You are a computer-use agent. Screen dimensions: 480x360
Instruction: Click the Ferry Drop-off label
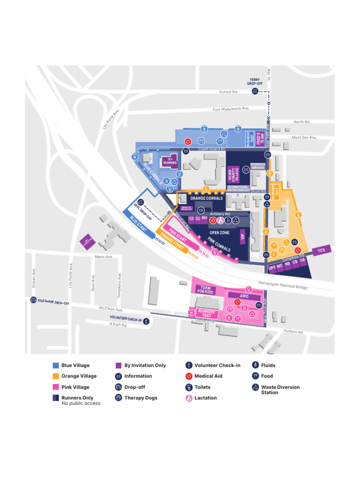(255, 82)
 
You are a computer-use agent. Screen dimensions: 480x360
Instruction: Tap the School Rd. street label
(229, 91)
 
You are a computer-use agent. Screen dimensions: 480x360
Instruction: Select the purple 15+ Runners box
(170, 161)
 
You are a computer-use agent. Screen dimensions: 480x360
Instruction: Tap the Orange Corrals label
(206, 198)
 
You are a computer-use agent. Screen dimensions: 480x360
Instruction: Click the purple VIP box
(242, 237)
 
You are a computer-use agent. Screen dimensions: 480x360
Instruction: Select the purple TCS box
(321, 250)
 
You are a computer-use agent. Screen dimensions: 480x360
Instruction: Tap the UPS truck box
(272, 268)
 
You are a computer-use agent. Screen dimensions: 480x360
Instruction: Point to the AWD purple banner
(244, 296)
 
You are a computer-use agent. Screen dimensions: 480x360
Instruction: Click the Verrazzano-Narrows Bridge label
(283, 285)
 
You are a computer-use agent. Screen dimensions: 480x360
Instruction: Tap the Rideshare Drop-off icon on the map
(33, 300)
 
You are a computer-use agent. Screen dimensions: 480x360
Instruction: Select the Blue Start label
(138, 223)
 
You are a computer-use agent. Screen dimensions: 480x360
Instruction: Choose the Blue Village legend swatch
(56, 366)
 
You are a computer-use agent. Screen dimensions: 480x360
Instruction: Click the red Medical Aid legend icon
(188, 376)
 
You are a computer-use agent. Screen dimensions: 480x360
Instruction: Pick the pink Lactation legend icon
(188, 398)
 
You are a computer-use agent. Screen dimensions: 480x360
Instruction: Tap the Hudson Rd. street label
(293, 331)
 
